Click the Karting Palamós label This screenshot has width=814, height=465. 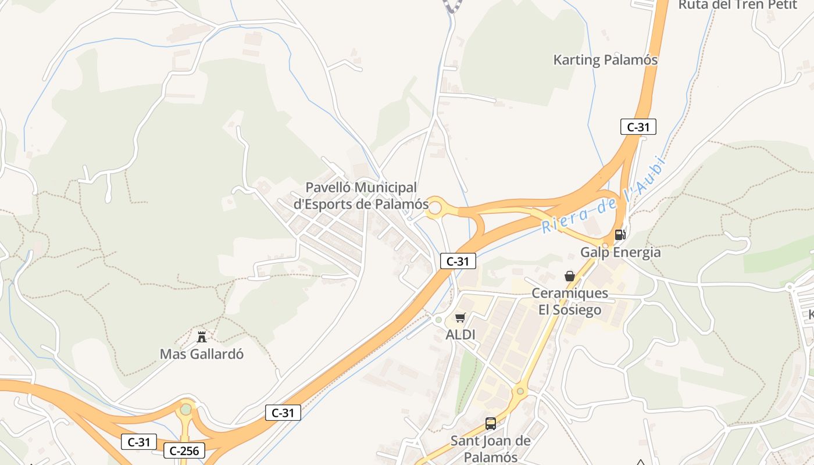tap(605, 60)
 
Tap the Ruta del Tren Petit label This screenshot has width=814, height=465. tap(737, 5)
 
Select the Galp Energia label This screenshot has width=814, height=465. tap(620, 252)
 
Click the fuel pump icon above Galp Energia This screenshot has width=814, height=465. tap(620, 235)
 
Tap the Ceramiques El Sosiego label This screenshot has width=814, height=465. tap(569, 301)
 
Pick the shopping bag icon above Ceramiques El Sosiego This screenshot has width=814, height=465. tap(570, 276)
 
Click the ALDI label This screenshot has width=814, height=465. tap(460, 335)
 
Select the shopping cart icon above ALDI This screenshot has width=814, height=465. tap(460, 317)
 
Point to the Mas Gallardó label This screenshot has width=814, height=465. tap(202, 354)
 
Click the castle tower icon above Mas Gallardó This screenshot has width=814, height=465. tap(202, 337)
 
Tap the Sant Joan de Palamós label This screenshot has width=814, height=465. tap(491, 448)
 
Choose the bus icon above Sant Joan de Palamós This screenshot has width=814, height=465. tap(491, 424)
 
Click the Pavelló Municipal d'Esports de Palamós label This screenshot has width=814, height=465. tap(361, 196)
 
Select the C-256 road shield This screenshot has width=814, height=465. tap(185, 450)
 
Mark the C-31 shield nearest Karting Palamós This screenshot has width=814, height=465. tap(638, 127)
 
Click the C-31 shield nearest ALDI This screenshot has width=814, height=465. tap(458, 262)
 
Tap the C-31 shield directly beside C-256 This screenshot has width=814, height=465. tap(138, 442)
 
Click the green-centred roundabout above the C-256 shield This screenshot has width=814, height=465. tap(186, 410)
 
